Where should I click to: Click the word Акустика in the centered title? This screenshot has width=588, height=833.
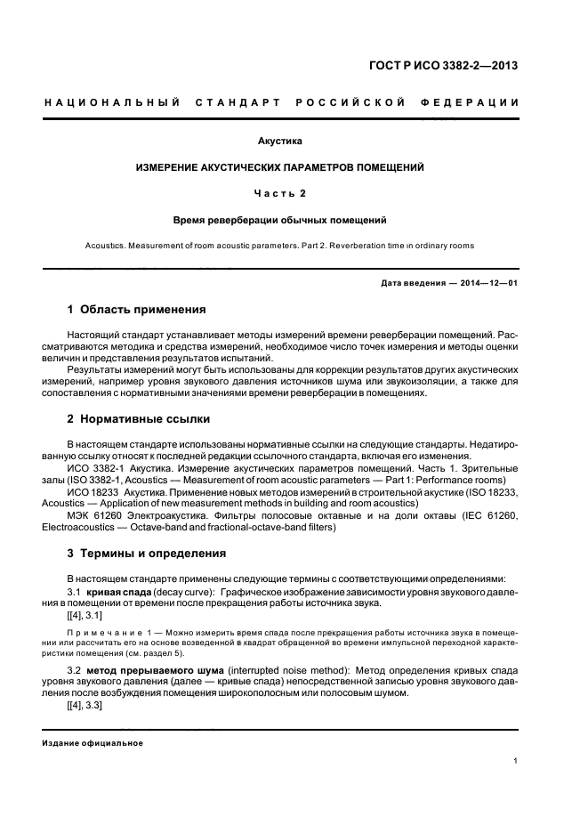(x=280, y=141)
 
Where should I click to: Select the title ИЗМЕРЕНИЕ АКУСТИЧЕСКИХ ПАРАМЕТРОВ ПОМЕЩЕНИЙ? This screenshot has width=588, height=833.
(x=279, y=166)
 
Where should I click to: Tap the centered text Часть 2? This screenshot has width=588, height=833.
(x=279, y=192)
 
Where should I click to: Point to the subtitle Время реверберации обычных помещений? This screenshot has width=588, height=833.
(x=279, y=219)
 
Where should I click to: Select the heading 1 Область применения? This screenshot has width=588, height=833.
(x=137, y=310)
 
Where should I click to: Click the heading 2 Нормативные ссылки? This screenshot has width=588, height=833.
(x=139, y=418)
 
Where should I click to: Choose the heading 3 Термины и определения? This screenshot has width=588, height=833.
(x=147, y=553)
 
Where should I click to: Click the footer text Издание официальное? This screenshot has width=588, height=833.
(x=93, y=743)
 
